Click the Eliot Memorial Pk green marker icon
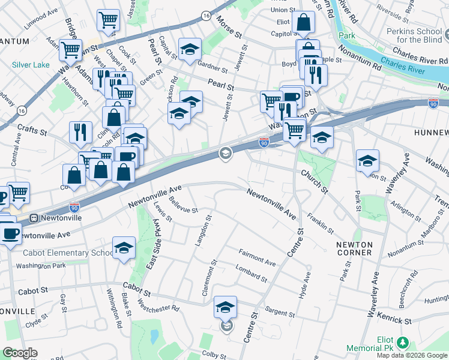click(x=403, y=343)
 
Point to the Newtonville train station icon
click(x=35, y=218)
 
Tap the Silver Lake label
click(x=30, y=64)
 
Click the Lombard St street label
click(x=252, y=274)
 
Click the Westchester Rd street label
click(x=158, y=304)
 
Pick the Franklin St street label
click(x=320, y=223)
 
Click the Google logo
click(x=20, y=353)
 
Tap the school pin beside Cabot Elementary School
click(x=124, y=248)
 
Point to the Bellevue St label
click(x=183, y=206)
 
